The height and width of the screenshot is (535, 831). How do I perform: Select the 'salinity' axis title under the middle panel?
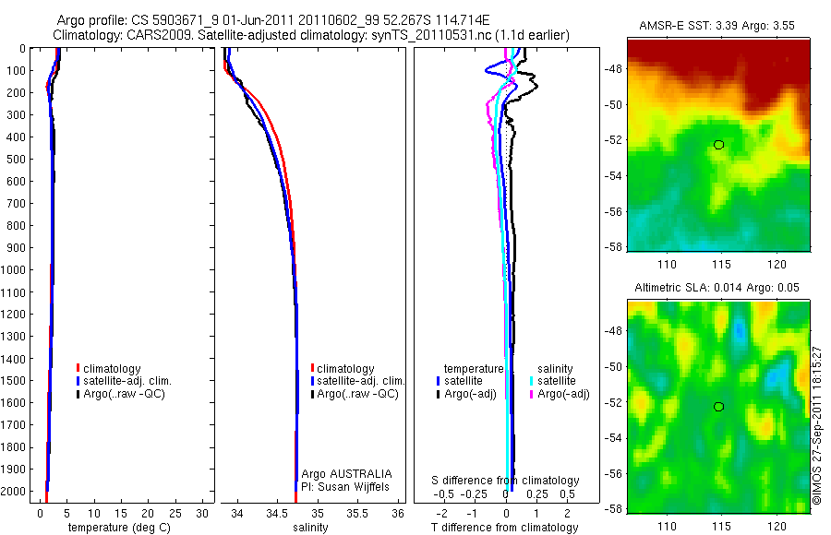(x=311, y=528)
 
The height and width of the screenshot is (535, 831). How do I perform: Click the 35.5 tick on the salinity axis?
(x=357, y=513)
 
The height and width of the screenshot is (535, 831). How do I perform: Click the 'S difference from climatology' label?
(x=506, y=481)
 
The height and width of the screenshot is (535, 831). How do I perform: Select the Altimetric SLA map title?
(x=716, y=289)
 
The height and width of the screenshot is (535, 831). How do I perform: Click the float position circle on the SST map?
(x=718, y=145)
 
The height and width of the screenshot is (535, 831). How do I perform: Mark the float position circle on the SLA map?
(x=718, y=407)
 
